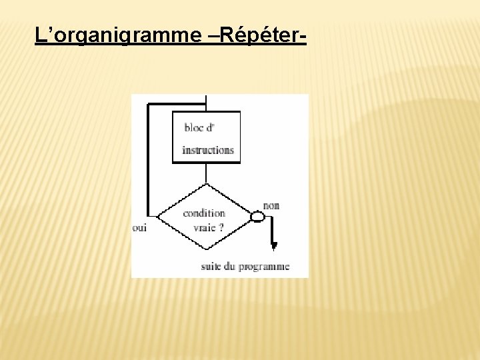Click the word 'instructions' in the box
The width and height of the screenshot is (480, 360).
pyautogui.click(x=208, y=150)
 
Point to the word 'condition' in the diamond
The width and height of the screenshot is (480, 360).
pyautogui.click(x=204, y=213)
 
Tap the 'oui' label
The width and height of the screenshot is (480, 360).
pyautogui.click(x=139, y=227)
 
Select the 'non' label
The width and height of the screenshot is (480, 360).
pyautogui.click(x=271, y=205)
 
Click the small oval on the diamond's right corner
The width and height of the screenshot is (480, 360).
pyautogui.click(x=257, y=217)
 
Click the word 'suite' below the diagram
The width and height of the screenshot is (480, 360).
pyautogui.click(x=211, y=267)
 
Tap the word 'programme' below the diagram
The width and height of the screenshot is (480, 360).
pyautogui.click(x=265, y=267)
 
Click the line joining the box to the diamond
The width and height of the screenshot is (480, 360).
pyautogui.click(x=206, y=173)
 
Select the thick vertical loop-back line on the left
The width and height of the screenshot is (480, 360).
pyautogui.click(x=148, y=160)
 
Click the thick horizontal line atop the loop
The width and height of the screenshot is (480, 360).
pyautogui.click(x=176, y=104)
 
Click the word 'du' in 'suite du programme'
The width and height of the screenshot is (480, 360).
pyautogui.click(x=231, y=267)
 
